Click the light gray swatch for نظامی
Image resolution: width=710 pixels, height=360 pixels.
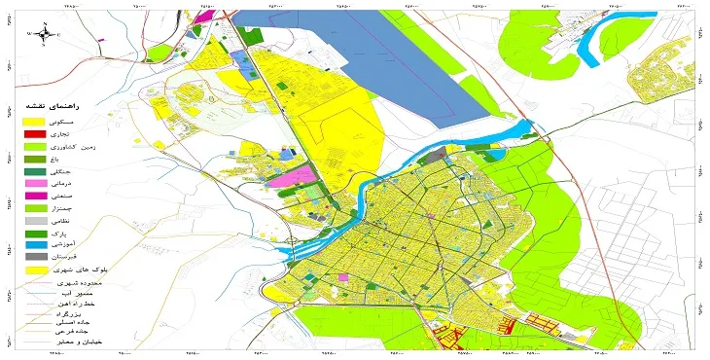pos(35,223)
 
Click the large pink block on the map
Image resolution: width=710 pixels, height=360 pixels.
pos(293,177)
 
